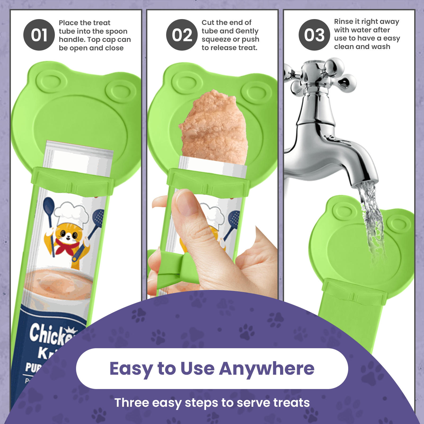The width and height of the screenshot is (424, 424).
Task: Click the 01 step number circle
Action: point(39,35)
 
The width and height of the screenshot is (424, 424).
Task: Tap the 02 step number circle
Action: point(182,35)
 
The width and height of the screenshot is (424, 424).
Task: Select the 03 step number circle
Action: point(314,35)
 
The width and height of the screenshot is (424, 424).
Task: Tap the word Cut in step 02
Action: point(208,23)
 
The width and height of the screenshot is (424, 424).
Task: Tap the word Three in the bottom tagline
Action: point(132,403)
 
